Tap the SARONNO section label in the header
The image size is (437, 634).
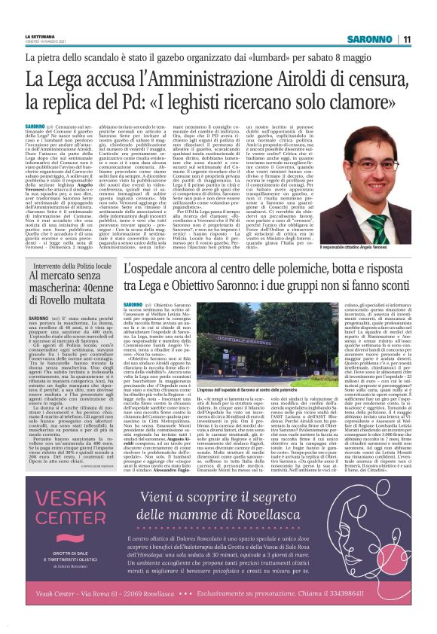[x=372, y=39]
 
